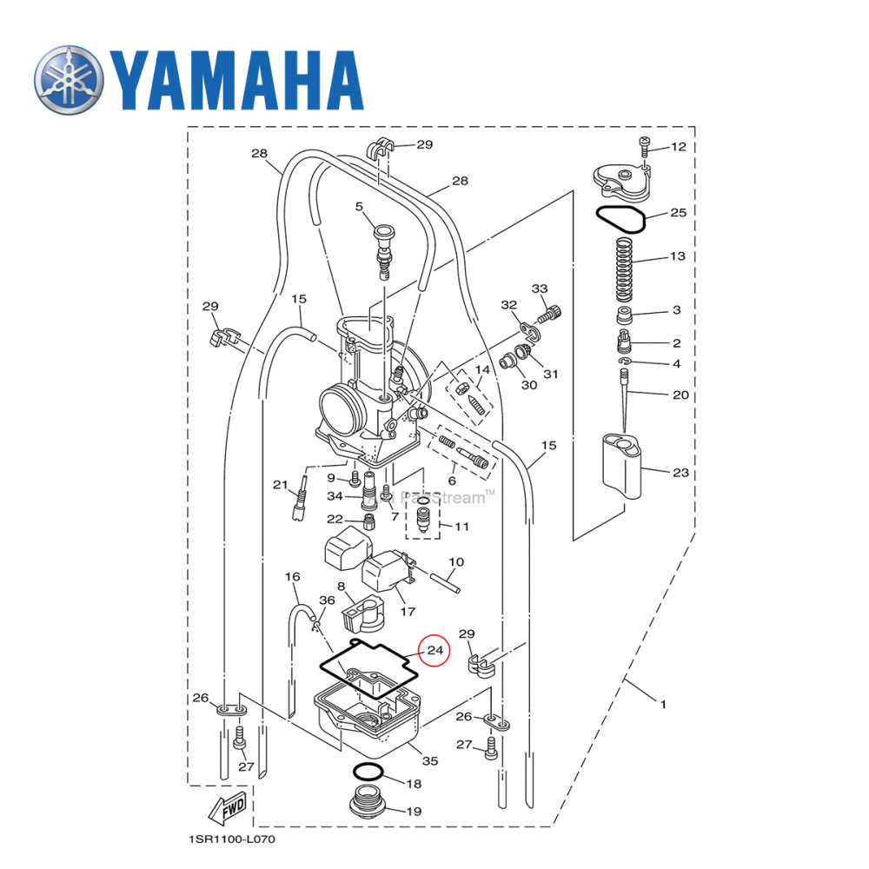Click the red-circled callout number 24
tap(434, 650)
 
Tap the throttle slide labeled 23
tap(622, 466)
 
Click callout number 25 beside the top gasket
tap(678, 213)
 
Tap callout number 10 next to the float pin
tap(456, 562)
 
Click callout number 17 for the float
tap(407, 612)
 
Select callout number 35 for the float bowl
tap(429, 761)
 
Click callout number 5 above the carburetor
tap(358, 207)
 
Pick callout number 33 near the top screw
tap(540, 289)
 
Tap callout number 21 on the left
tap(280, 484)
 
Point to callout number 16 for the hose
tap(292, 577)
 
